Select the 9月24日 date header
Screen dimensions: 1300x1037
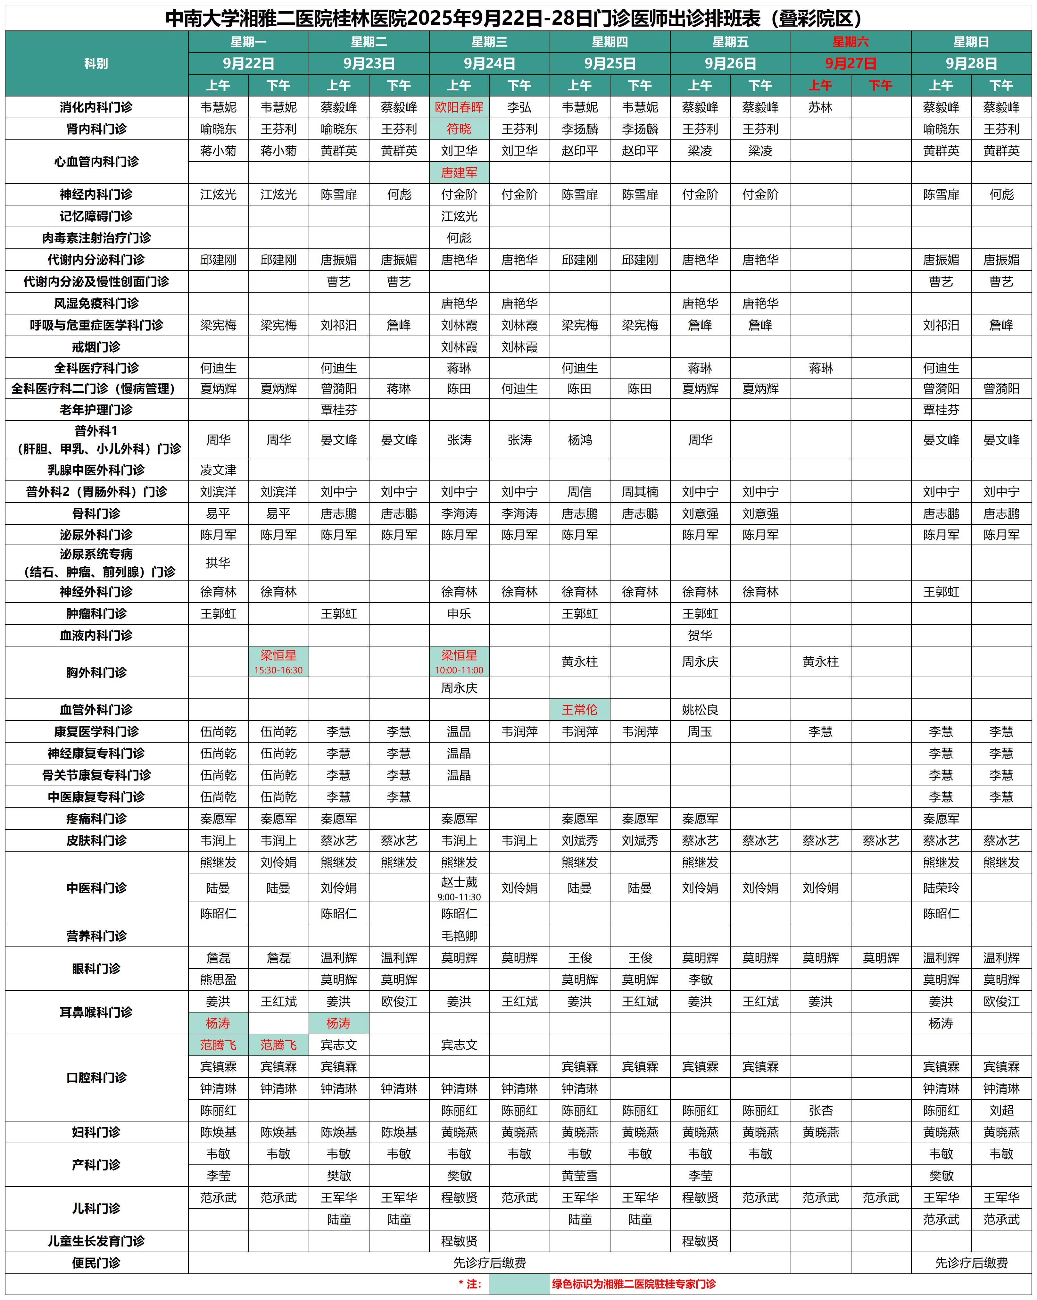[x=489, y=63]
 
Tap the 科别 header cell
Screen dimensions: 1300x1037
[x=96, y=63]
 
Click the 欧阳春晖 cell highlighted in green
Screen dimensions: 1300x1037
[x=459, y=107]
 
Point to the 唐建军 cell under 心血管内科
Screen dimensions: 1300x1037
[x=459, y=172]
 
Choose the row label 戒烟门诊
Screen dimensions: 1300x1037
[x=96, y=347]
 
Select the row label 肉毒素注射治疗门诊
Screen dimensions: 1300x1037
[x=96, y=238]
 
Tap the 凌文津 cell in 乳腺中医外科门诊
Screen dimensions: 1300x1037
[x=218, y=470]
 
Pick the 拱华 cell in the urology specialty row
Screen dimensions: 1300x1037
[x=218, y=562]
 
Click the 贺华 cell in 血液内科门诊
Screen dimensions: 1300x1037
[x=700, y=635]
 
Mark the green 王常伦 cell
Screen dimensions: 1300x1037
[x=579, y=710]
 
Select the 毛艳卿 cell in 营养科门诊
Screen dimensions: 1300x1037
[x=459, y=936]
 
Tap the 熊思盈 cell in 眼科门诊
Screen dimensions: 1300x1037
[x=218, y=979]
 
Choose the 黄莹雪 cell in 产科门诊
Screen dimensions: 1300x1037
[x=579, y=1175]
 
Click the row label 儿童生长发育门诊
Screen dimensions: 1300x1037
[x=96, y=1241]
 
